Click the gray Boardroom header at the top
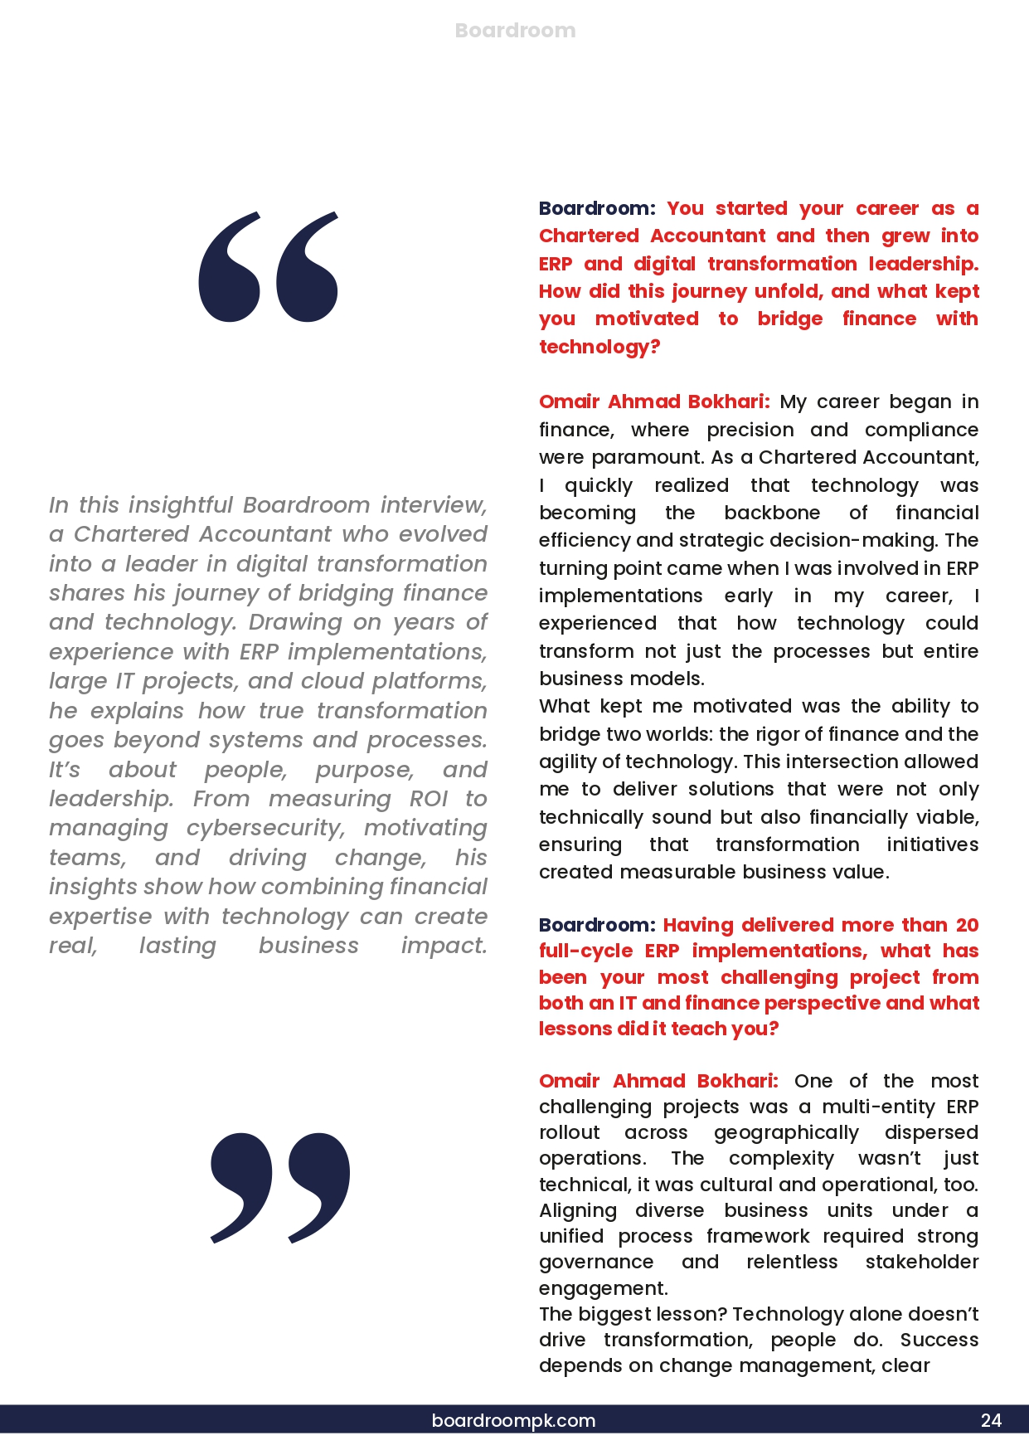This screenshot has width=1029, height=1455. click(x=515, y=31)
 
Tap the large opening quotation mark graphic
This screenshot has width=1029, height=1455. click(x=268, y=266)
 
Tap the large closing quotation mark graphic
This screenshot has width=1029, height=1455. click(x=280, y=1187)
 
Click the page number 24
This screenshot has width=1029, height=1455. click(x=991, y=1420)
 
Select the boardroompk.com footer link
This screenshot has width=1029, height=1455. click(x=513, y=1420)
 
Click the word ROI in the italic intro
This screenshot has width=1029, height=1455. click(x=429, y=799)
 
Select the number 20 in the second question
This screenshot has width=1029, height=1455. click(x=967, y=925)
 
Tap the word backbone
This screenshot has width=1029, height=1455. click(x=772, y=513)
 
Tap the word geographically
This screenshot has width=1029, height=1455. click(x=786, y=1133)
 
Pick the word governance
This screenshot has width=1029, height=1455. click(x=596, y=1263)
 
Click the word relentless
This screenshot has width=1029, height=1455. click(x=792, y=1263)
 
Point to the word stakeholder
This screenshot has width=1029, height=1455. click(x=922, y=1263)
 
